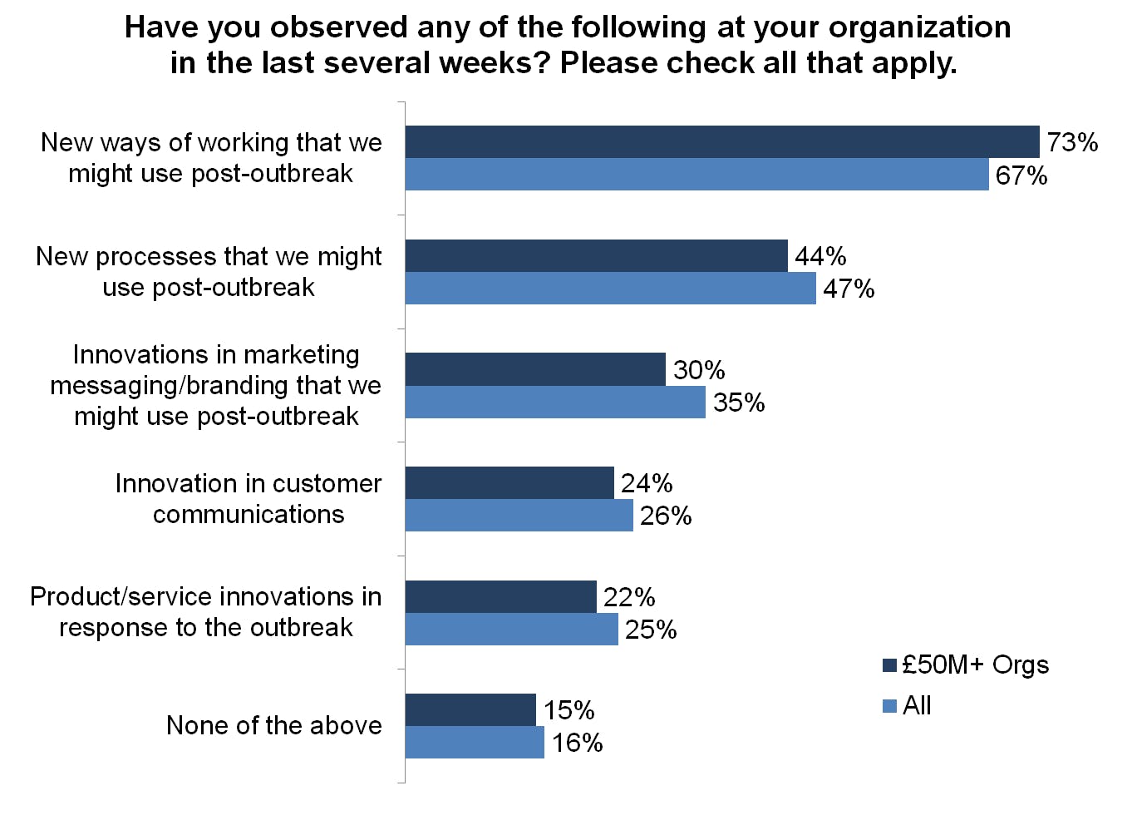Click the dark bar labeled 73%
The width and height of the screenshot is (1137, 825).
[721, 142]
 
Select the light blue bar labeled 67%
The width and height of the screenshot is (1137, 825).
[696, 175]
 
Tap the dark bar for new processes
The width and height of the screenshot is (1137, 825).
[596, 256]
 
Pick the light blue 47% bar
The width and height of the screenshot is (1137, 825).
[610, 289]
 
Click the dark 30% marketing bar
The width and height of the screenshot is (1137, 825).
[535, 369]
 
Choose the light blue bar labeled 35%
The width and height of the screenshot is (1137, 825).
[555, 403]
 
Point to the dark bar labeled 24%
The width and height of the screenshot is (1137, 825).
[509, 483]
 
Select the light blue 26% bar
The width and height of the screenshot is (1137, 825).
[519, 516]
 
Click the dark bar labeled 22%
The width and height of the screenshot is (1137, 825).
[500, 597]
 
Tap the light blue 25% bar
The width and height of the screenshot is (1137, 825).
[511, 630]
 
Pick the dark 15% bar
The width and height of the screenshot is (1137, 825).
[470, 710]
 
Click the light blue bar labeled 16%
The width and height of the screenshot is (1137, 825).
[475, 743]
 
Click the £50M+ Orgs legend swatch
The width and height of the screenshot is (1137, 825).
[889, 665]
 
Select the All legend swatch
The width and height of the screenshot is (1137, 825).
[889, 706]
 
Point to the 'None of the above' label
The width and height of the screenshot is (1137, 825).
[273, 725]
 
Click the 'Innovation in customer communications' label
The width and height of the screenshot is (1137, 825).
[248, 498]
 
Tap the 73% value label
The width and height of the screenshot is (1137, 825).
[1072, 142]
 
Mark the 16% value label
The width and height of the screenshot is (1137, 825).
[577, 743]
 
